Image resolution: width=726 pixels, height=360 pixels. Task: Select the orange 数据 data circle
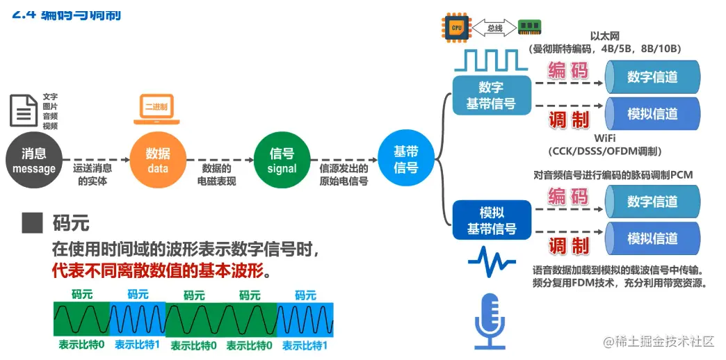pyautogui.click(x=158, y=161)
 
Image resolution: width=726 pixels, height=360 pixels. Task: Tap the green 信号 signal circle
pyautogui.click(x=282, y=161)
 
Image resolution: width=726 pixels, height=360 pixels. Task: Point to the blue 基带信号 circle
pyautogui.click(x=405, y=161)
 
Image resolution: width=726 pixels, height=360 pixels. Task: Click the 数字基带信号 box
pyautogui.click(x=491, y=96)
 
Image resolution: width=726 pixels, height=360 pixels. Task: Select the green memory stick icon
pyautogui.click(x=530, y=28)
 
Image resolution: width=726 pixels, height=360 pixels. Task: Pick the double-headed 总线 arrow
pyautogui.click(x=494, y=28)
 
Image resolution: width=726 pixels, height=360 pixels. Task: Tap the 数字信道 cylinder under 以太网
pyautogui.click(x=652, y=76)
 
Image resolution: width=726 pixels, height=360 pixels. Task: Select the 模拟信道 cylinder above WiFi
pyautogui.click(x=652, y=113)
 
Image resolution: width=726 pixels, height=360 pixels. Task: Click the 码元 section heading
pyautogui.click(x=70, y=223)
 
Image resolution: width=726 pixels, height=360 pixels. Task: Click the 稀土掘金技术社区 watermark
pyautogui.click(x=659, y=341)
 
